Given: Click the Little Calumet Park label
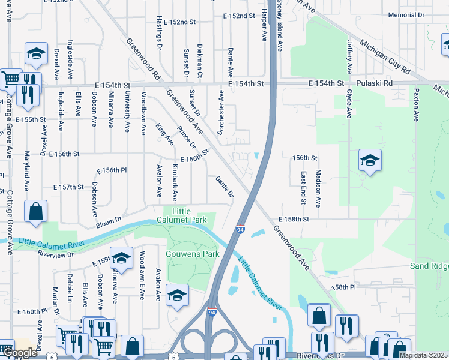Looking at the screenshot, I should click(x=189, y=215).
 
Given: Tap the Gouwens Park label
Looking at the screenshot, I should click(x=193, y=254).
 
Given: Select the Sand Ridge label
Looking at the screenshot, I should click(x=429, y=266).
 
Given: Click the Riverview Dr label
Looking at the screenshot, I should click(x=55, y=254).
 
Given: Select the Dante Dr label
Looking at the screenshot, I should click(x=224, y=185).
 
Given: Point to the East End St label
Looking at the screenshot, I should click(x=304, y=187).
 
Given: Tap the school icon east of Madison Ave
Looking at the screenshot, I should click(x=370, y=160).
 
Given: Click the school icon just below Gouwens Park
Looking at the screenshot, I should click(x=178, y=295).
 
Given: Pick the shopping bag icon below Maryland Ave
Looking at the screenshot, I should click(x=35, y=211).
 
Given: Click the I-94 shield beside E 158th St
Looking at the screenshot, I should click(x=240, y=229).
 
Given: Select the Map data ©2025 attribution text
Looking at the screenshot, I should click(x=423, y=355).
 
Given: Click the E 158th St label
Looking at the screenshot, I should click(x=293, y=220).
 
